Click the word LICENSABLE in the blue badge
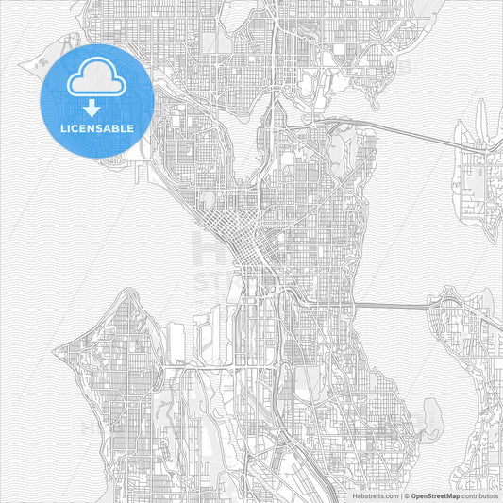[x=97, y=128]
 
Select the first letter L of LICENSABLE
[x=63, y=128]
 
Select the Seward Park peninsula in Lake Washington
[x=432, y=414]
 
